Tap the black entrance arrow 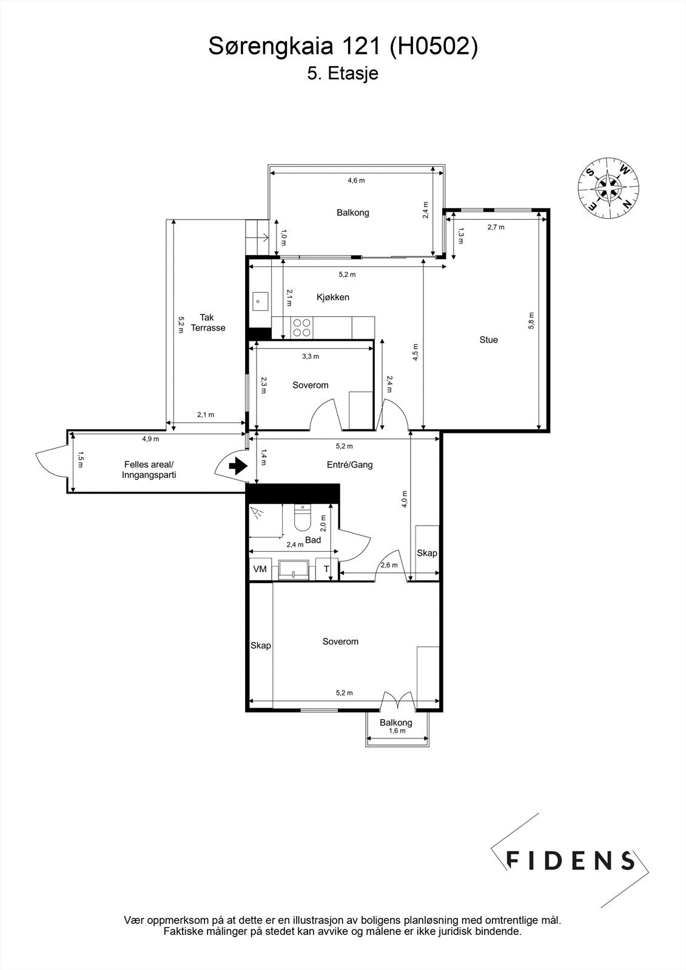[x=238, y=466]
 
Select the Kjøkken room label [x=333, y=297]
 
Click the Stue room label [x=488, y=340]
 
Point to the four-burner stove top [x=301, y=327]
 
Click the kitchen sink [x=260, y=301]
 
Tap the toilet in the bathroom [x=301, y=517]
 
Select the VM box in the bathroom [x=260, y=569]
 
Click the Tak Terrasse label [x=208, y=323]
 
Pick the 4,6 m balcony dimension [x=356, y=180]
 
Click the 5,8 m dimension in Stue [x=531, y=321]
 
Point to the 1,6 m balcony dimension [x=397, y=731]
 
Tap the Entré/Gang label [x=350, y=464]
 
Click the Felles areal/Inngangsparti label [x=149, y=469]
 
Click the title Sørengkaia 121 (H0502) [x=343, y=46]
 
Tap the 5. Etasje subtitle [x=343, y=73]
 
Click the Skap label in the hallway [x=427, y=553]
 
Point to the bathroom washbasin [x=294, y=570]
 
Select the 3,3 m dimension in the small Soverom [x=311, y=356]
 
